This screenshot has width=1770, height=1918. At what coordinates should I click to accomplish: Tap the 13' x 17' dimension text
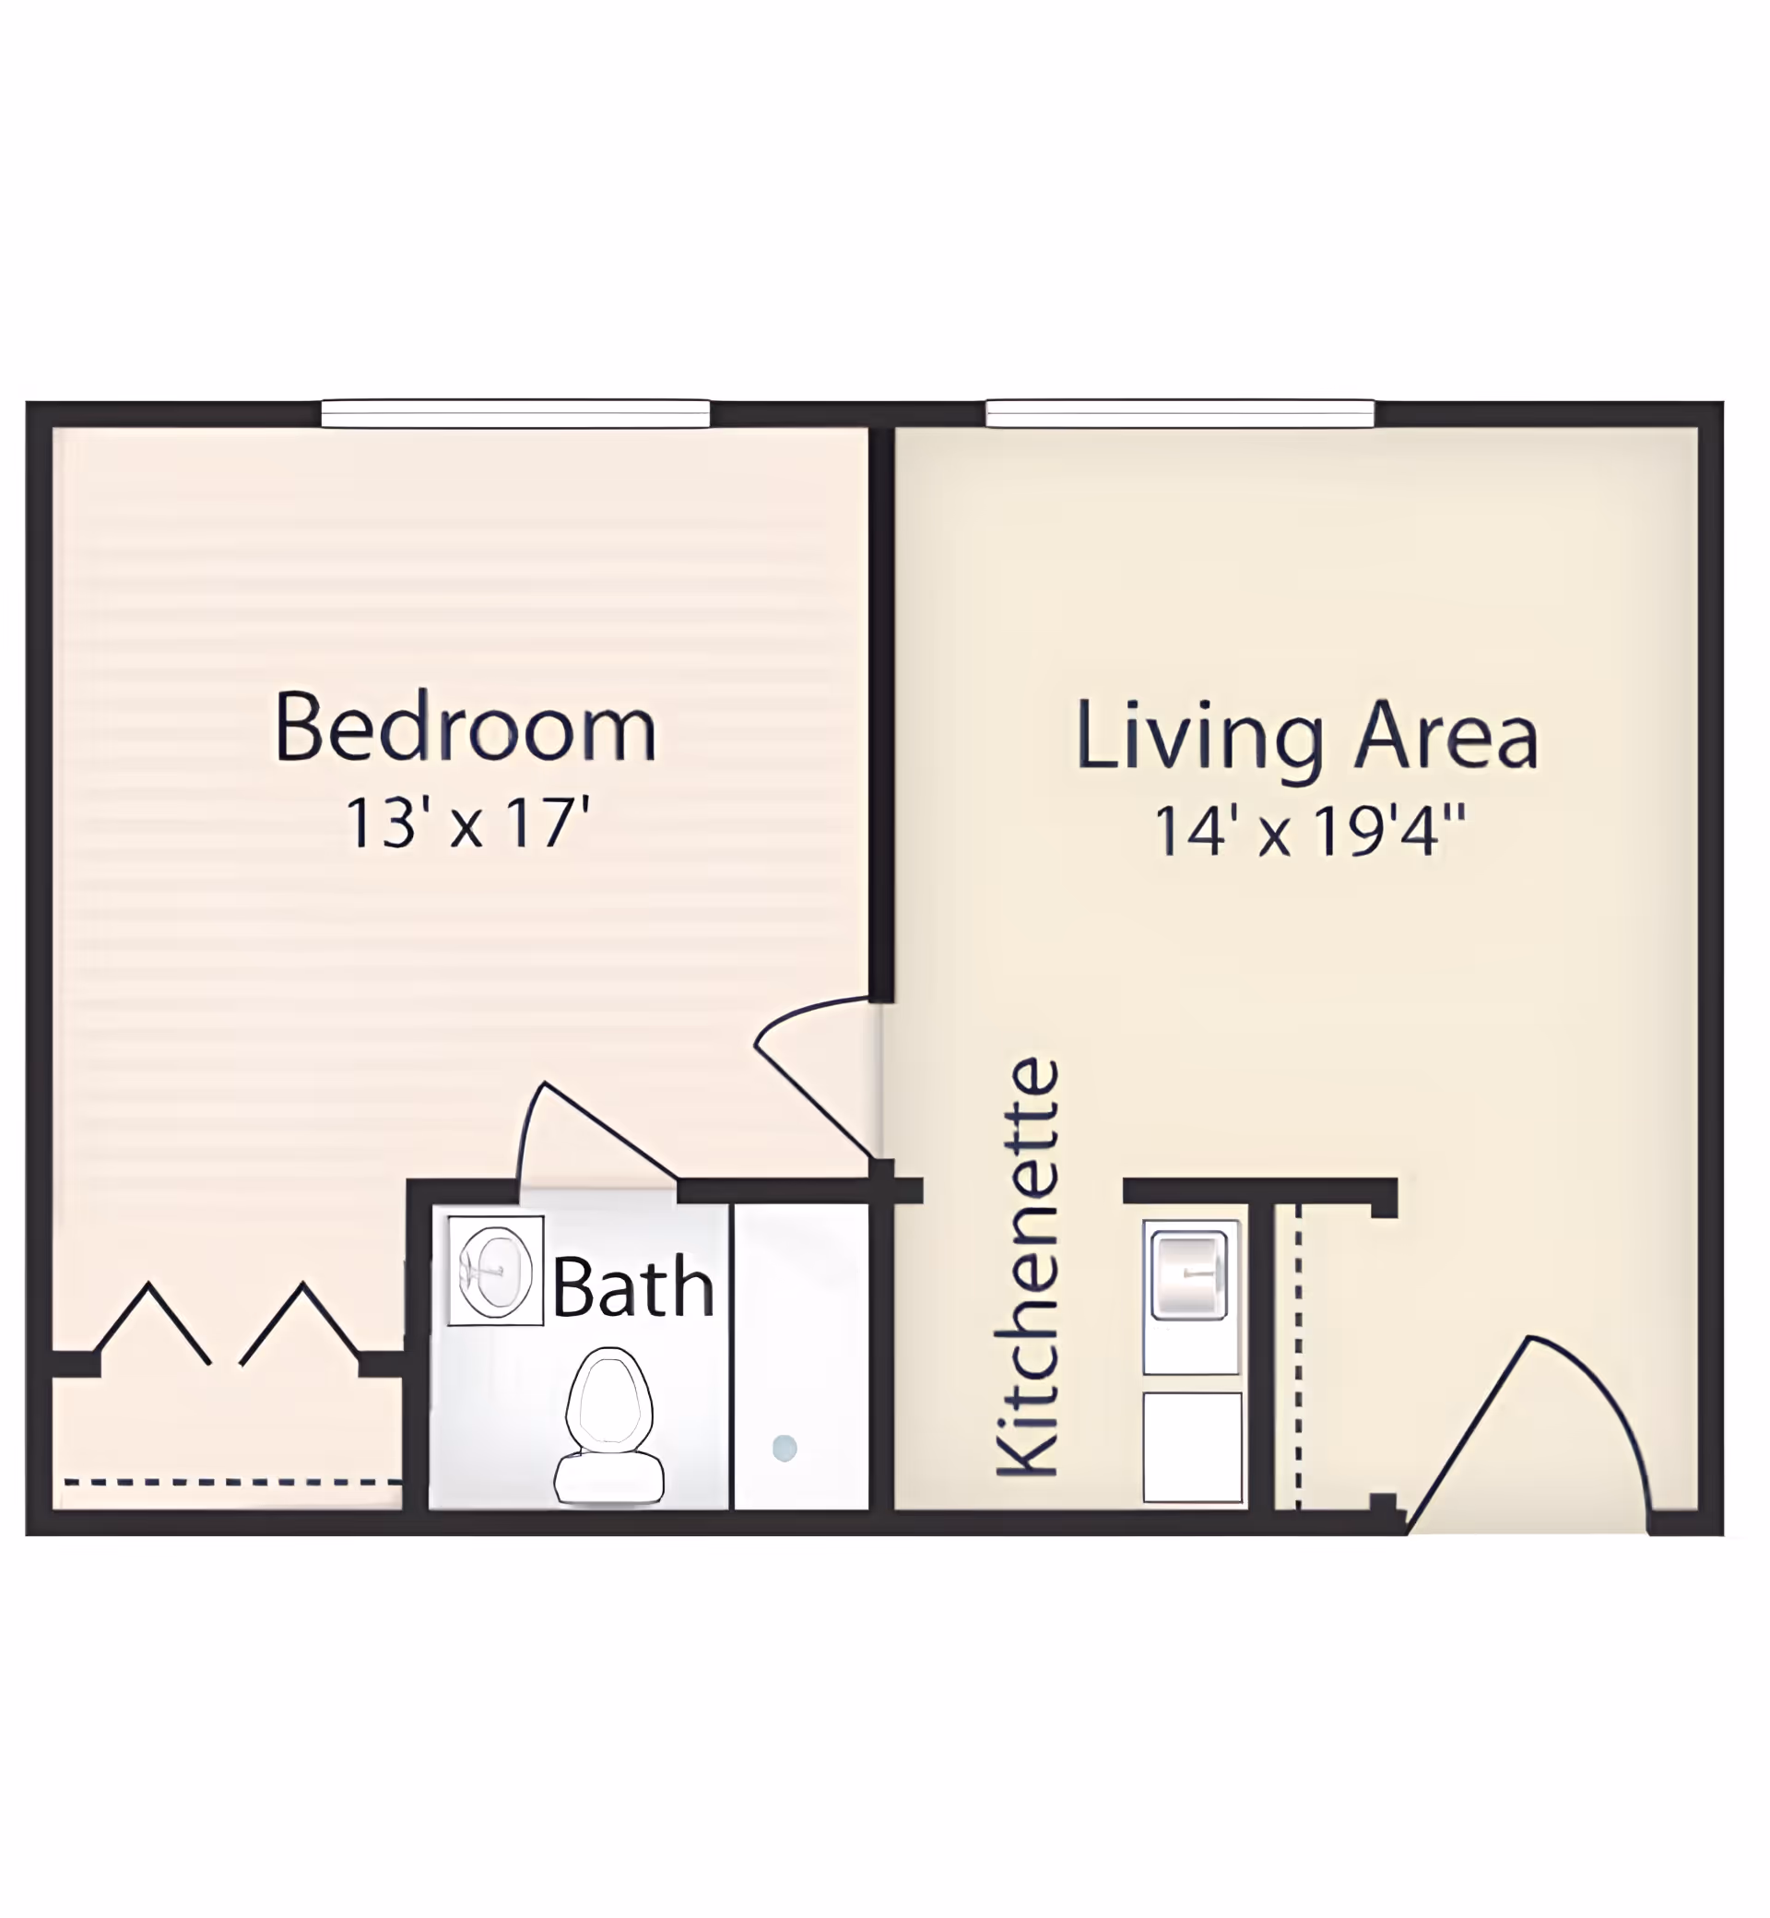pos(466,823)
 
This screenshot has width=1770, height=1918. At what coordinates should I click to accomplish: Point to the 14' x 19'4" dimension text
pos(1309,831)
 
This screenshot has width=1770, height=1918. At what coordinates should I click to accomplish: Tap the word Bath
pos(633,1287)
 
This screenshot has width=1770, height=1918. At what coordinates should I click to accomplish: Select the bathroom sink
pos(495,1271)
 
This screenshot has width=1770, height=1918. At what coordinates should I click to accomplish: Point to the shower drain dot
pos(785,1448)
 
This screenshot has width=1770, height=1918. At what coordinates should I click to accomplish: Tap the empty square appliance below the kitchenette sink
pos(1193,1448)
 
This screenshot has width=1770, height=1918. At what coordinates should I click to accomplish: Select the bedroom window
pos(515,414)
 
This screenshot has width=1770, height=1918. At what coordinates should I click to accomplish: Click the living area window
pos(1180,414)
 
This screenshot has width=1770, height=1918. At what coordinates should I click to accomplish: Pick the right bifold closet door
pos(301,1322)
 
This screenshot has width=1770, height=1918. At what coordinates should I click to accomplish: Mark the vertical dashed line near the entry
pos(1298,1357)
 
